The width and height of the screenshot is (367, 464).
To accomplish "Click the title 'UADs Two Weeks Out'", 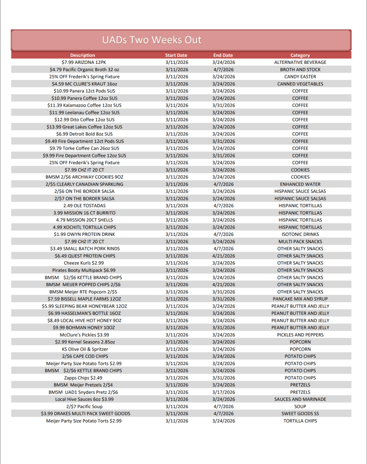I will pyautogui.click(x=151, y=40).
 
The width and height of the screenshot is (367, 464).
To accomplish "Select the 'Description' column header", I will pyautogui.click(x=83, y=55).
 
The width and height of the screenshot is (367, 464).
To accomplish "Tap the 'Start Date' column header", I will pyautogui.click(x=176, y=55).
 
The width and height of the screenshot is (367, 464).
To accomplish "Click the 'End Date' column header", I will pyautogui.click(x=223, y=55).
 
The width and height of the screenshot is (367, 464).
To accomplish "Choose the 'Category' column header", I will pyautogui.click(x=300, y=55).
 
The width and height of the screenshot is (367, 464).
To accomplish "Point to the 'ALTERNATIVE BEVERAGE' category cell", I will pyautogui.click(x=300, y=62).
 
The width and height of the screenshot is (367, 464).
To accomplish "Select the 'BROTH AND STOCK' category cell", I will pyautogui.click(x=300, y=69).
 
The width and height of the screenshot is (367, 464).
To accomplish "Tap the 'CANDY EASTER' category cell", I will pyautogui.click(x=300, y=77).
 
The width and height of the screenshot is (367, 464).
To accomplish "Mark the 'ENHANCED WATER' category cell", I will pyautogui.click(x=300, y=184).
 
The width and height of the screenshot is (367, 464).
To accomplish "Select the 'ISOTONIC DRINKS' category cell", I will pyautogui.click(x=300, y=234).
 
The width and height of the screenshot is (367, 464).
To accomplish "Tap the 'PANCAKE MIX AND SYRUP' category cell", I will pyautogui.click(x=300, y=299).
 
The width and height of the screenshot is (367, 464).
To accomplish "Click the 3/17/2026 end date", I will pyautogui.click(x=223, y=392).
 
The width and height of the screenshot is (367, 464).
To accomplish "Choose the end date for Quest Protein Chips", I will pyautogui.click(x=223, y=256).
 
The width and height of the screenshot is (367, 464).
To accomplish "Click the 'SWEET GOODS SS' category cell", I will pyautogui.click(x=300, y=414).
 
